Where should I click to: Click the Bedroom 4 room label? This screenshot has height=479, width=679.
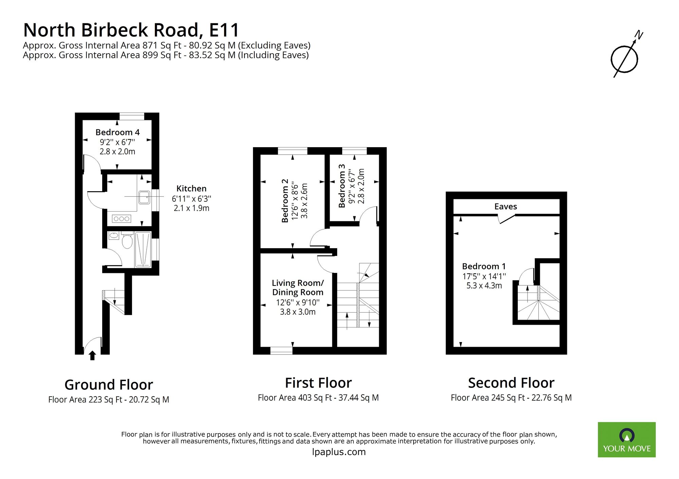(117, 132)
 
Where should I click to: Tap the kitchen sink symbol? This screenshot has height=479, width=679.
(144, 197)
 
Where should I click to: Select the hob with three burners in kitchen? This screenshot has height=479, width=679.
(122, 219)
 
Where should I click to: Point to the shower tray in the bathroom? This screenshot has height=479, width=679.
(143, 250)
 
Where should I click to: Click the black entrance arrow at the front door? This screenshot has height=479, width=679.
(92, 356)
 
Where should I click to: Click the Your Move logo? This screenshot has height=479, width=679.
(626, 439)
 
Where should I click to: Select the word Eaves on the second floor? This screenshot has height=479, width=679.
(506, 206)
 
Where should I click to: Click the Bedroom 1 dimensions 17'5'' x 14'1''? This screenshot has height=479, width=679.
(484, 276)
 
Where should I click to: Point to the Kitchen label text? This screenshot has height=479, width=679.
(191, 188)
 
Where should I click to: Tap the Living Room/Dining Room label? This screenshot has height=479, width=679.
(297, 287)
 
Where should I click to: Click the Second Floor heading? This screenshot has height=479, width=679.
(511, 383)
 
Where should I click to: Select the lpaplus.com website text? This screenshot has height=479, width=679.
(338, 452)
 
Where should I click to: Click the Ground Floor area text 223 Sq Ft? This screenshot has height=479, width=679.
(109, 400)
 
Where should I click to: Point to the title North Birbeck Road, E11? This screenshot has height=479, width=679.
(131, 30)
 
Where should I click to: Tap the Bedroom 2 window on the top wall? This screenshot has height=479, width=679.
(292, 151)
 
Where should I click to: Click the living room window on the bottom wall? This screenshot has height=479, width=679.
(281, 351)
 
